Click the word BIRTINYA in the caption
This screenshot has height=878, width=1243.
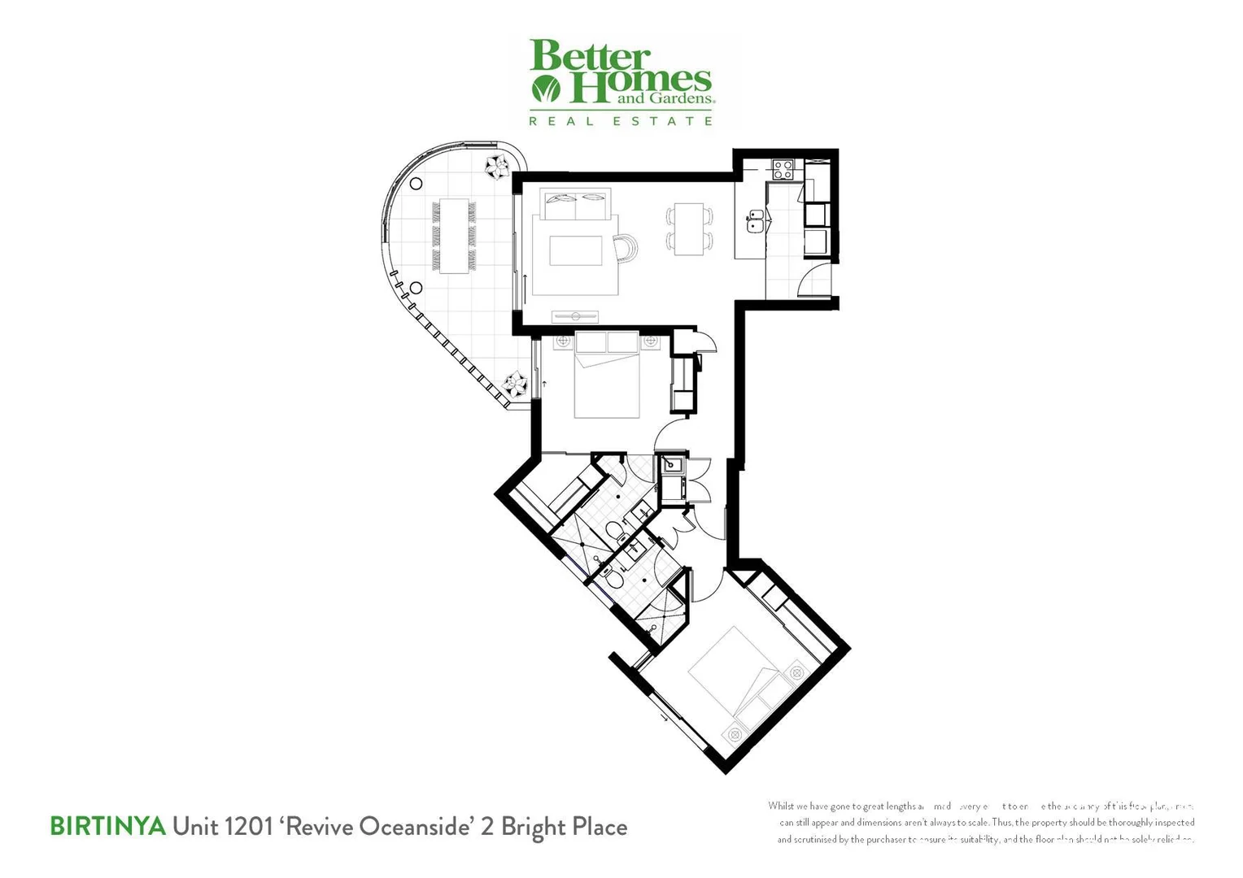click(107, 827)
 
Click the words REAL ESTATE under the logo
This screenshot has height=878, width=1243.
click(621, 121)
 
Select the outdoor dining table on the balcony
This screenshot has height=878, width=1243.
click(454, 236)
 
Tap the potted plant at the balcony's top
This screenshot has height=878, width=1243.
click(496, 167)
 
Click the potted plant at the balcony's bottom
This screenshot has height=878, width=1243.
click(515, 382)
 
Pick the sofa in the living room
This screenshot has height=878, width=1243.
click(574, 202)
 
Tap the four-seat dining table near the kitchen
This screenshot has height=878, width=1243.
click(689, 228)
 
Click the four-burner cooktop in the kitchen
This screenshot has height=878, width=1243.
click(783, 169)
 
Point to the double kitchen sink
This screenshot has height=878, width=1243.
click(757, 221)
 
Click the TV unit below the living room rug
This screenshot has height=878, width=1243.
click(575, 315)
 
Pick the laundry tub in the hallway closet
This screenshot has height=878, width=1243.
click(671, 466)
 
